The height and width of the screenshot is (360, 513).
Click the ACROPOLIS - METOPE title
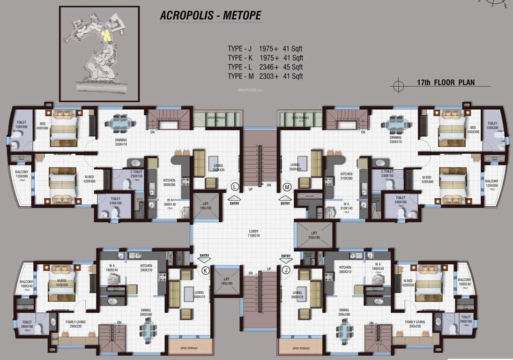210,15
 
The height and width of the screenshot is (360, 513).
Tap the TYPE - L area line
265,67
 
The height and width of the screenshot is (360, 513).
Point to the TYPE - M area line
265,76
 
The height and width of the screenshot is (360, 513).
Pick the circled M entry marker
287,187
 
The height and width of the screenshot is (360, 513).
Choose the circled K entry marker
205,270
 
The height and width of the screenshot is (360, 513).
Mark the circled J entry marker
286,270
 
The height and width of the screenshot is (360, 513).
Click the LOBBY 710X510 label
254,233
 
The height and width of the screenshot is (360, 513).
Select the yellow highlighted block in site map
107,35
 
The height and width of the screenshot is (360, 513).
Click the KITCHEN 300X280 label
169,183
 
